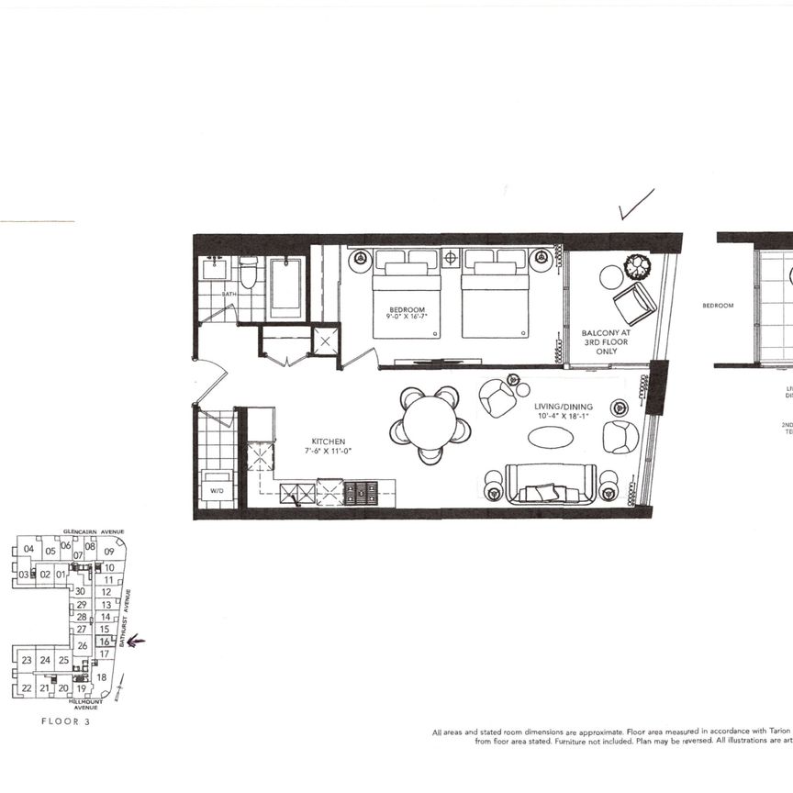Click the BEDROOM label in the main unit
point(405,309)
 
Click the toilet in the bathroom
point(249,273)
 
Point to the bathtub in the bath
point(285,287)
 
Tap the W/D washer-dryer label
point(217,491)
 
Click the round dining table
point(430,424)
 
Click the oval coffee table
point(551,438)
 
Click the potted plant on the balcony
point(637,267)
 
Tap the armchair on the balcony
point(635,303)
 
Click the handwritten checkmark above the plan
point(635,205)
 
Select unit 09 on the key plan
point(109,551)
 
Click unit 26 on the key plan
point(83,647)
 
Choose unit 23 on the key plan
point(27,660)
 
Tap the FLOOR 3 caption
point(66,721)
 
